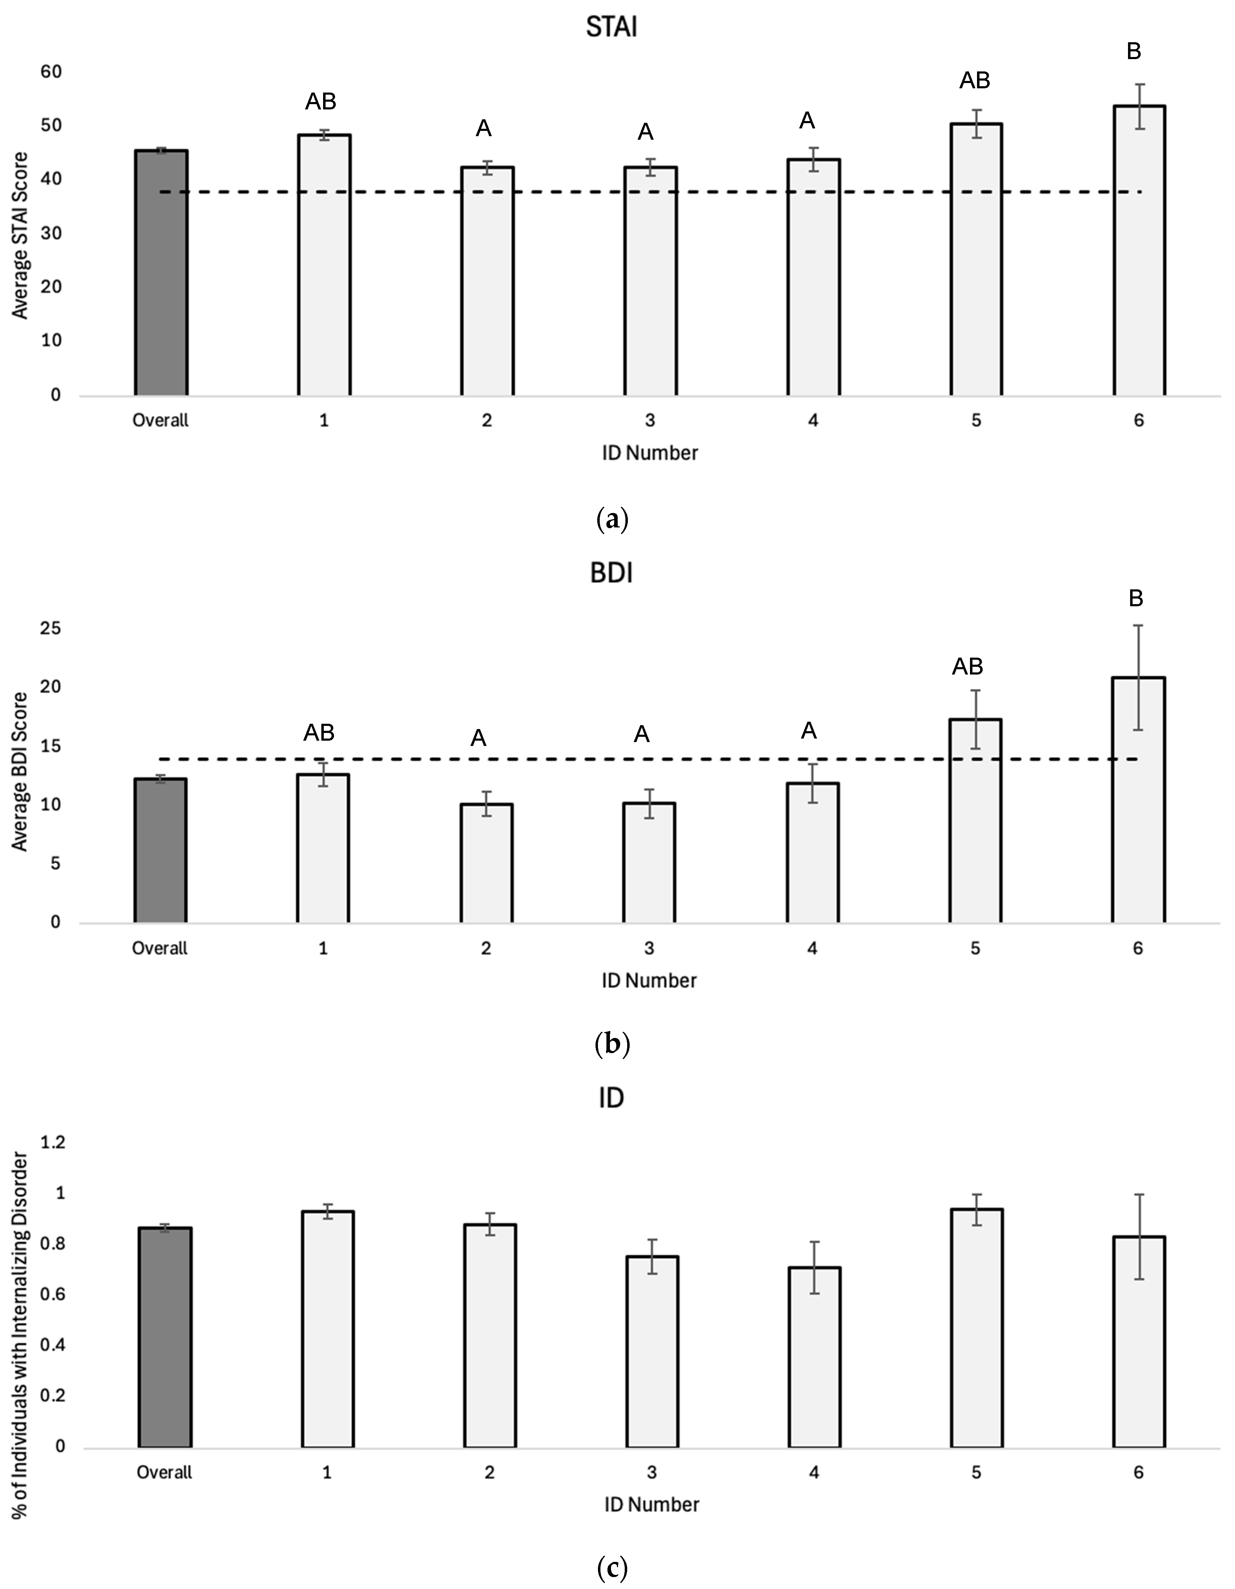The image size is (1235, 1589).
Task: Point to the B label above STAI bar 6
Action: [1133, 52]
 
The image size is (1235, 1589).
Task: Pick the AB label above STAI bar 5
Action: [975, 81]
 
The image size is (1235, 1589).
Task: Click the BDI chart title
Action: [611, 573]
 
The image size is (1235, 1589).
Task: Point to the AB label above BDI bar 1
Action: [319, 733]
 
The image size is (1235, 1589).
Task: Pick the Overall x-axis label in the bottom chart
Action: [164, 1473]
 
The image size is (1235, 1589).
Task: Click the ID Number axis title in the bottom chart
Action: [651, 1505]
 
